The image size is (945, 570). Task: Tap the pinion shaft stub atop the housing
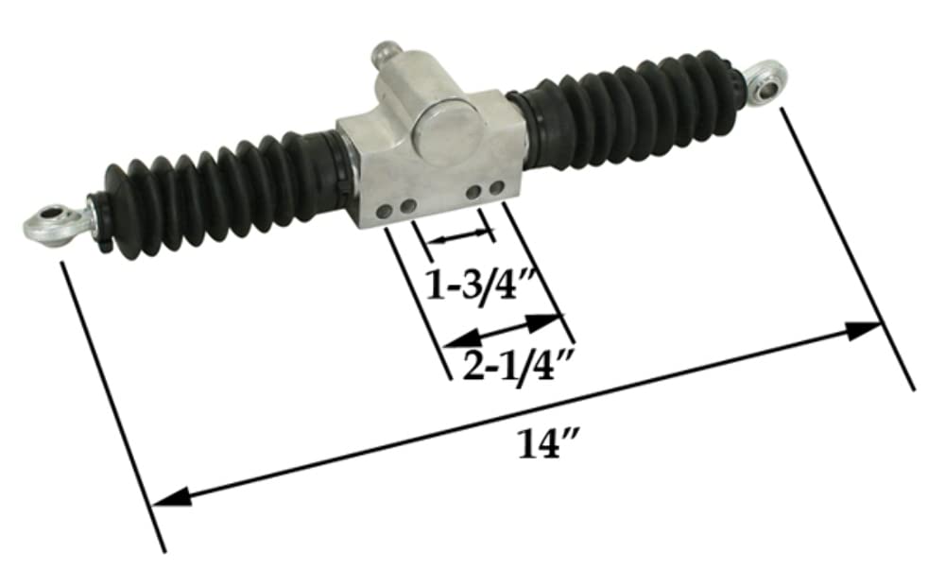[x=388, y=55]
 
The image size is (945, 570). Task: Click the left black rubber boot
[x=208, y=198]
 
